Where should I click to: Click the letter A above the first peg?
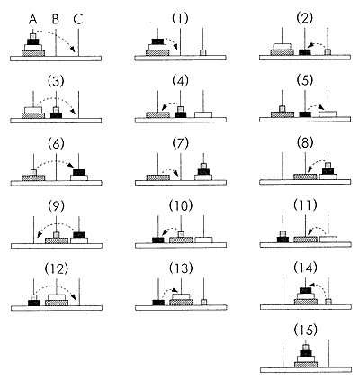pyautogui.click(x=33, y=20)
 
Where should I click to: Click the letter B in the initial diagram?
pyautogui.click(x=56, y=20)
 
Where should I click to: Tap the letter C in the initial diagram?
pyautogui.click(x=78, y=20)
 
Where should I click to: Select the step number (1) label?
pyautogui.click(x=180, y=19)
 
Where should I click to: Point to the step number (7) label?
pyautogui.click(x=181, y=143)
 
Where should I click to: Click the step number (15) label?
pyautogui.click(x=305, y=330)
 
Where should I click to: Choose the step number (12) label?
pyautogui.click(x=56, y=268)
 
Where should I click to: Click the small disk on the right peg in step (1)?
pyautogui.click(x=203, y=52)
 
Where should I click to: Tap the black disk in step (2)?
pyautogui.click(x=305, y=52)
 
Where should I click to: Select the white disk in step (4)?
pyautogui.click(x=203, y=114)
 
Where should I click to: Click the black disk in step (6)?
pyautogui.click(x=79, y=172)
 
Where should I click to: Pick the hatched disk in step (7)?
pyautogui.click(x=157, y=177)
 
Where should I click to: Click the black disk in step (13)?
pyautogui.click(x=158, y=303)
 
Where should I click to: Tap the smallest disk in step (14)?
pyautogui.click(x=328, y=302)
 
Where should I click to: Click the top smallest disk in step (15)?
pyautogui.click(x=306, y=348)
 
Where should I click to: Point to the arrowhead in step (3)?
pyautogui.click(x=73, y=112)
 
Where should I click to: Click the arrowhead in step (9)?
pyautogui.click(x=39, y=235)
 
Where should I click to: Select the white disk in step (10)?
pyautogui.click(x=203, y=240)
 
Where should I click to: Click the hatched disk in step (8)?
pyautogui.click(x=305, y=177)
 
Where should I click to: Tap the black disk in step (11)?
pyautogui.click(x=283, y=240)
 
